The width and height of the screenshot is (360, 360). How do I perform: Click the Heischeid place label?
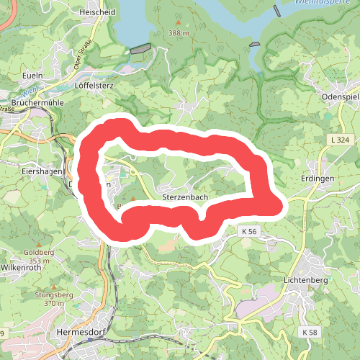click(99, 13)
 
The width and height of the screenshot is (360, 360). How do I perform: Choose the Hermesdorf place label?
click(80, 332)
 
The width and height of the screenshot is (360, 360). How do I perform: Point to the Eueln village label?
click(33, 75)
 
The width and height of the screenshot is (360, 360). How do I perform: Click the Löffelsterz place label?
click(95, 84)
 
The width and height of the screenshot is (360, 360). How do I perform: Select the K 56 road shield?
click(249, 231)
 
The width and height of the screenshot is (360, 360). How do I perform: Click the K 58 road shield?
click(310, 331)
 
